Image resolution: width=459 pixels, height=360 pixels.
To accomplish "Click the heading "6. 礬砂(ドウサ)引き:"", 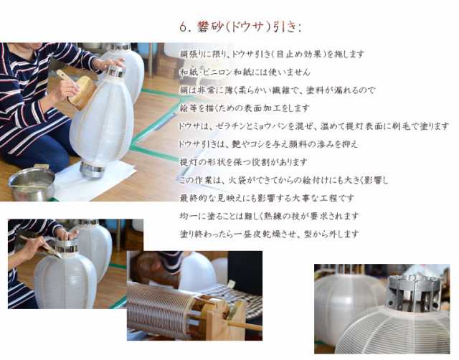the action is (240, 27).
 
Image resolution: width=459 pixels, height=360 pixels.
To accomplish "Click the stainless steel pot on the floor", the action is (32, 182).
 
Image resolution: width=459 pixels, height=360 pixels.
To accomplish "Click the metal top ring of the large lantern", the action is (115, 71).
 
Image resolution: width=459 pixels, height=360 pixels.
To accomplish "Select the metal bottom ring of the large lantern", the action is (92, 169).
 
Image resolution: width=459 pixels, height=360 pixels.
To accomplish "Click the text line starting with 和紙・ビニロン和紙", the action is (245, 72).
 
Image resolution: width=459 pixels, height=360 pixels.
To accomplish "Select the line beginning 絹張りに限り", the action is (272, 55).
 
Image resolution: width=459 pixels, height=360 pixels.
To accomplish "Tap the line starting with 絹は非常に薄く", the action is (277, 90).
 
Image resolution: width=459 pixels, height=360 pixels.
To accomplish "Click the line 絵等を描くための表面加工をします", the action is (245, 108).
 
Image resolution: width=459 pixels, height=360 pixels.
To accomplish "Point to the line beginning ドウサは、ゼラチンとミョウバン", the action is (313, 126).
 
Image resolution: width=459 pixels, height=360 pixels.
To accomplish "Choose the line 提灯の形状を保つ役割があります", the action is (243, 162).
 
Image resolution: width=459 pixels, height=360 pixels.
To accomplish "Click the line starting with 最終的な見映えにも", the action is (267, 198).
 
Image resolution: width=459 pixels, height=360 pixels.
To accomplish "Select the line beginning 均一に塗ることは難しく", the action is (269, 216).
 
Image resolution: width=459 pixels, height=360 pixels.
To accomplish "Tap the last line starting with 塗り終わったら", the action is (269, 235).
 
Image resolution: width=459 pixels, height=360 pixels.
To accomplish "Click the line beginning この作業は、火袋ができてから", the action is (283, 180).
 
